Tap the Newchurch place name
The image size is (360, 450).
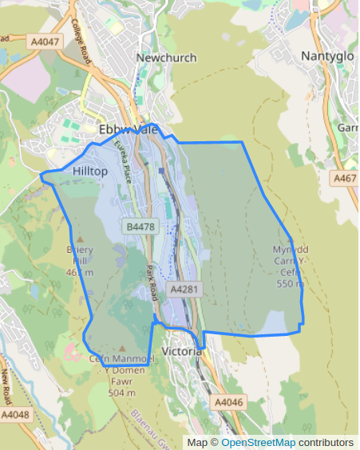point(166,57)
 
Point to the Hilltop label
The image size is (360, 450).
point(89,172)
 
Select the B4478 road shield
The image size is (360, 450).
point(140,227)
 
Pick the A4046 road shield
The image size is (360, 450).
point(228,403)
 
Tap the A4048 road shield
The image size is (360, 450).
point(16,415)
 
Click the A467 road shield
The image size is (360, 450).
point(346,178)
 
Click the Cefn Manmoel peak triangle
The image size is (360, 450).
point(121,349)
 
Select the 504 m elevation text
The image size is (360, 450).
point(121,393)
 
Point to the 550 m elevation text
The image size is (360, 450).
point(291,283)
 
